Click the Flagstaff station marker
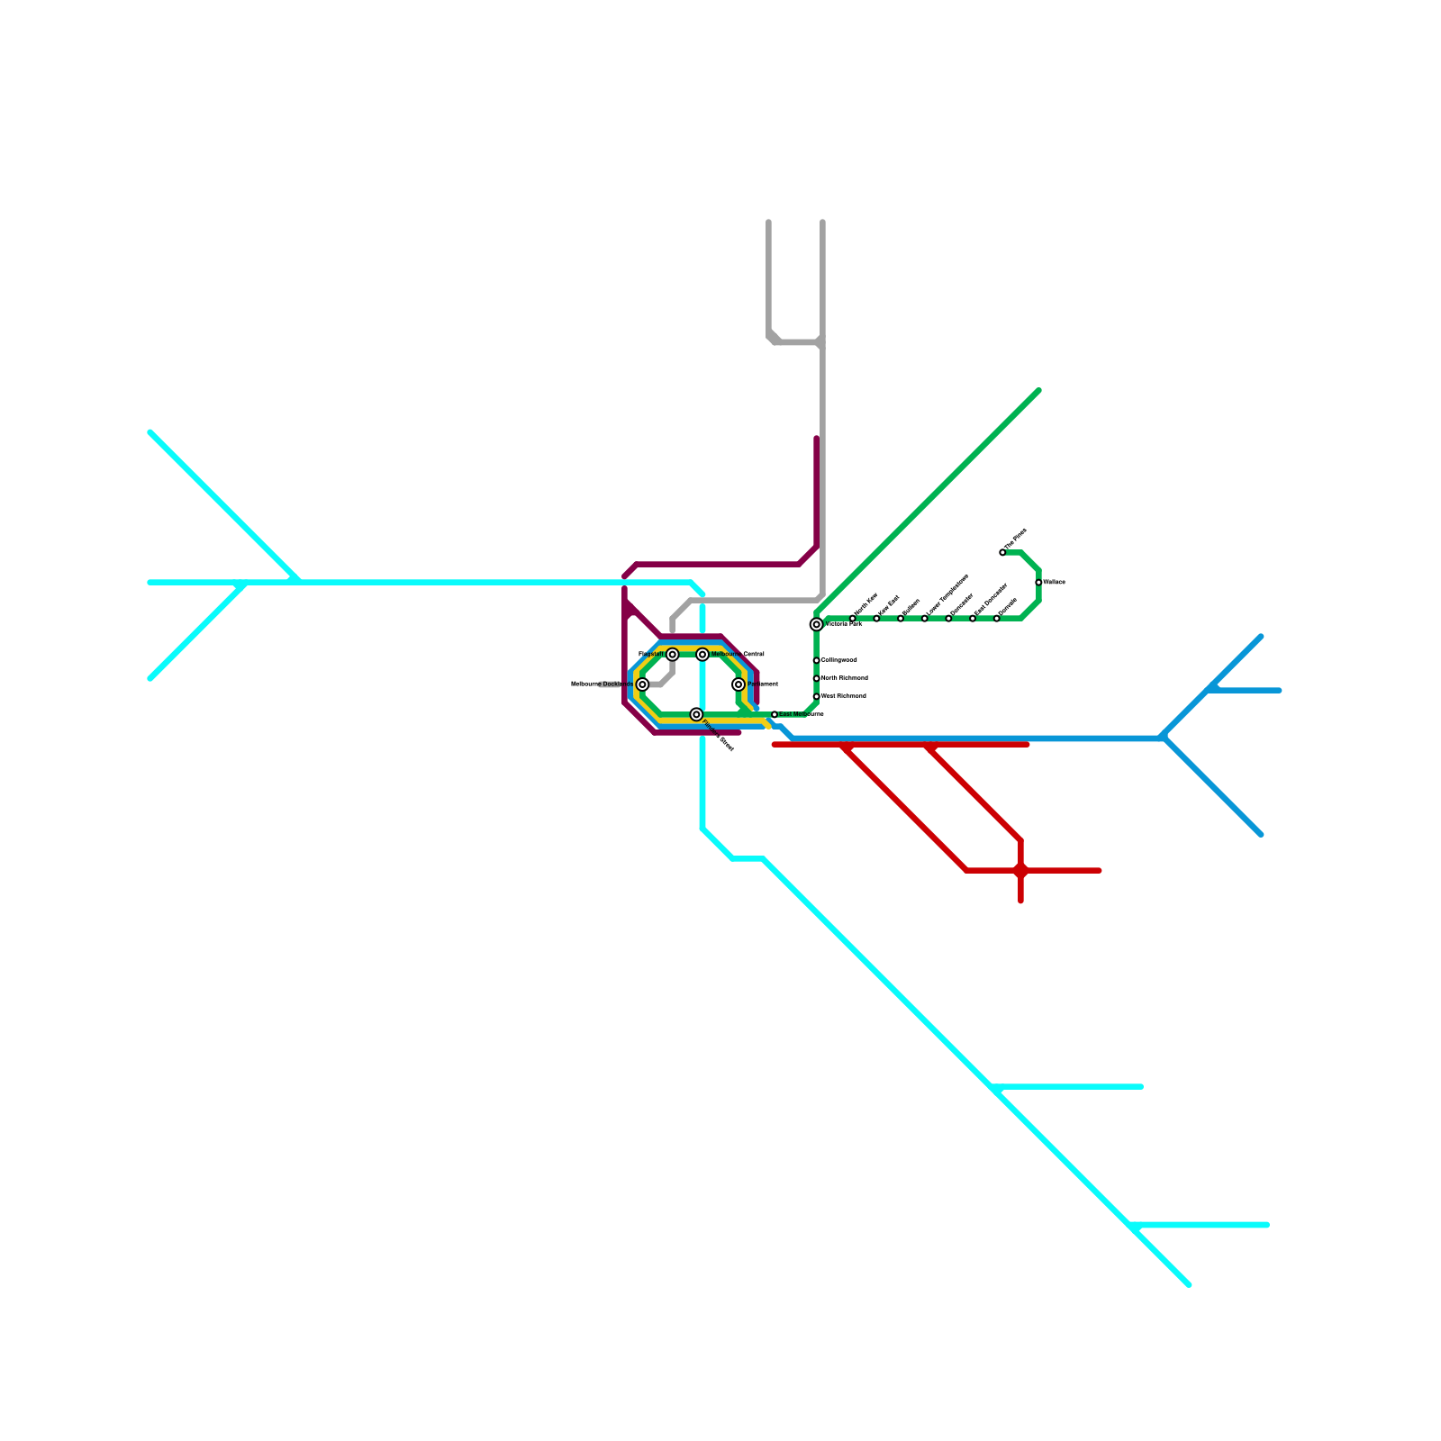[672, 654]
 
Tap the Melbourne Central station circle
[702, 654]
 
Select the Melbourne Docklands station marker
[642, 684]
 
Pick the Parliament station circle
[739, 684]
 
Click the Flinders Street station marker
[696, 714]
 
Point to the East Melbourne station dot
[775, 714]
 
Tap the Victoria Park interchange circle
[816, 624]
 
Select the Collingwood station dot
[816, 660]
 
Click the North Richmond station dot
[816, 678]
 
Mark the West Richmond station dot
[816, 696]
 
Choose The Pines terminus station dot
[1002, 552]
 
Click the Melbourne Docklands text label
[602, 684]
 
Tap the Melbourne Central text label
[738, 654]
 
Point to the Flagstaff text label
[651, 654]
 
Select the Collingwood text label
[839, 660]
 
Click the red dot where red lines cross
[1020, 870]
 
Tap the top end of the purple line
[817, 439]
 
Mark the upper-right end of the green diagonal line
[1039, 391]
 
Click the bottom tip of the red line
[1020, 900]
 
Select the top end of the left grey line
[768, 222]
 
